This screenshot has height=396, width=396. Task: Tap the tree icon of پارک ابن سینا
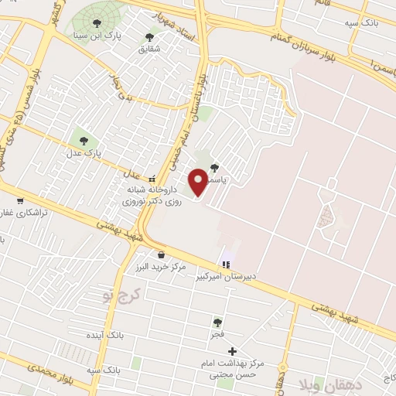point(97,24)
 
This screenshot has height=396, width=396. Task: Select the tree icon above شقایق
point(149,36)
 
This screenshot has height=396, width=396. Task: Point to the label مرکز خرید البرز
point(159,267)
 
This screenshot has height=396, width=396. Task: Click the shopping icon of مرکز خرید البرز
point(161,255)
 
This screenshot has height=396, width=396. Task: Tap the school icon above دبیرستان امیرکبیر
point(226,265)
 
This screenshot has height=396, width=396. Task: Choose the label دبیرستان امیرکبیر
point(222,275)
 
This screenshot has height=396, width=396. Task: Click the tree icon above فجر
point(217,322)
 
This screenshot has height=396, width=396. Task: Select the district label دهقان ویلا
point(313,380)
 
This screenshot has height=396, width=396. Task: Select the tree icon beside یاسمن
point(214,166)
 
